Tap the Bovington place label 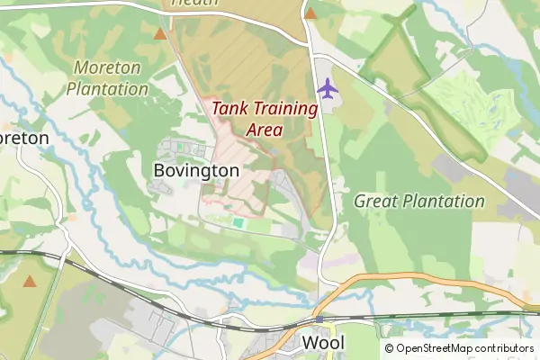[x=196, y=170]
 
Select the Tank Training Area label [x=265, y=119]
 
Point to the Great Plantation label [x=419, y=201]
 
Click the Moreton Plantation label [x=107, y=78]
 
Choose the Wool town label [x=323, y=343]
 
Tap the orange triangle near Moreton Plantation [x=160, y=34]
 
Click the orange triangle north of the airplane [x=310, y=13]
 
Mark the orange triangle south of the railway [x=30, y=282]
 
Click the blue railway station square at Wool [x=319, y=319]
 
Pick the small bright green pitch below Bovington [x=238, y=222]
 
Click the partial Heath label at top [x=194, y=4]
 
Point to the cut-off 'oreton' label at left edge [x=23, y=139]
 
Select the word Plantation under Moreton [x=107, y=89]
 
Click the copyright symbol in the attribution [x=390, y=348]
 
